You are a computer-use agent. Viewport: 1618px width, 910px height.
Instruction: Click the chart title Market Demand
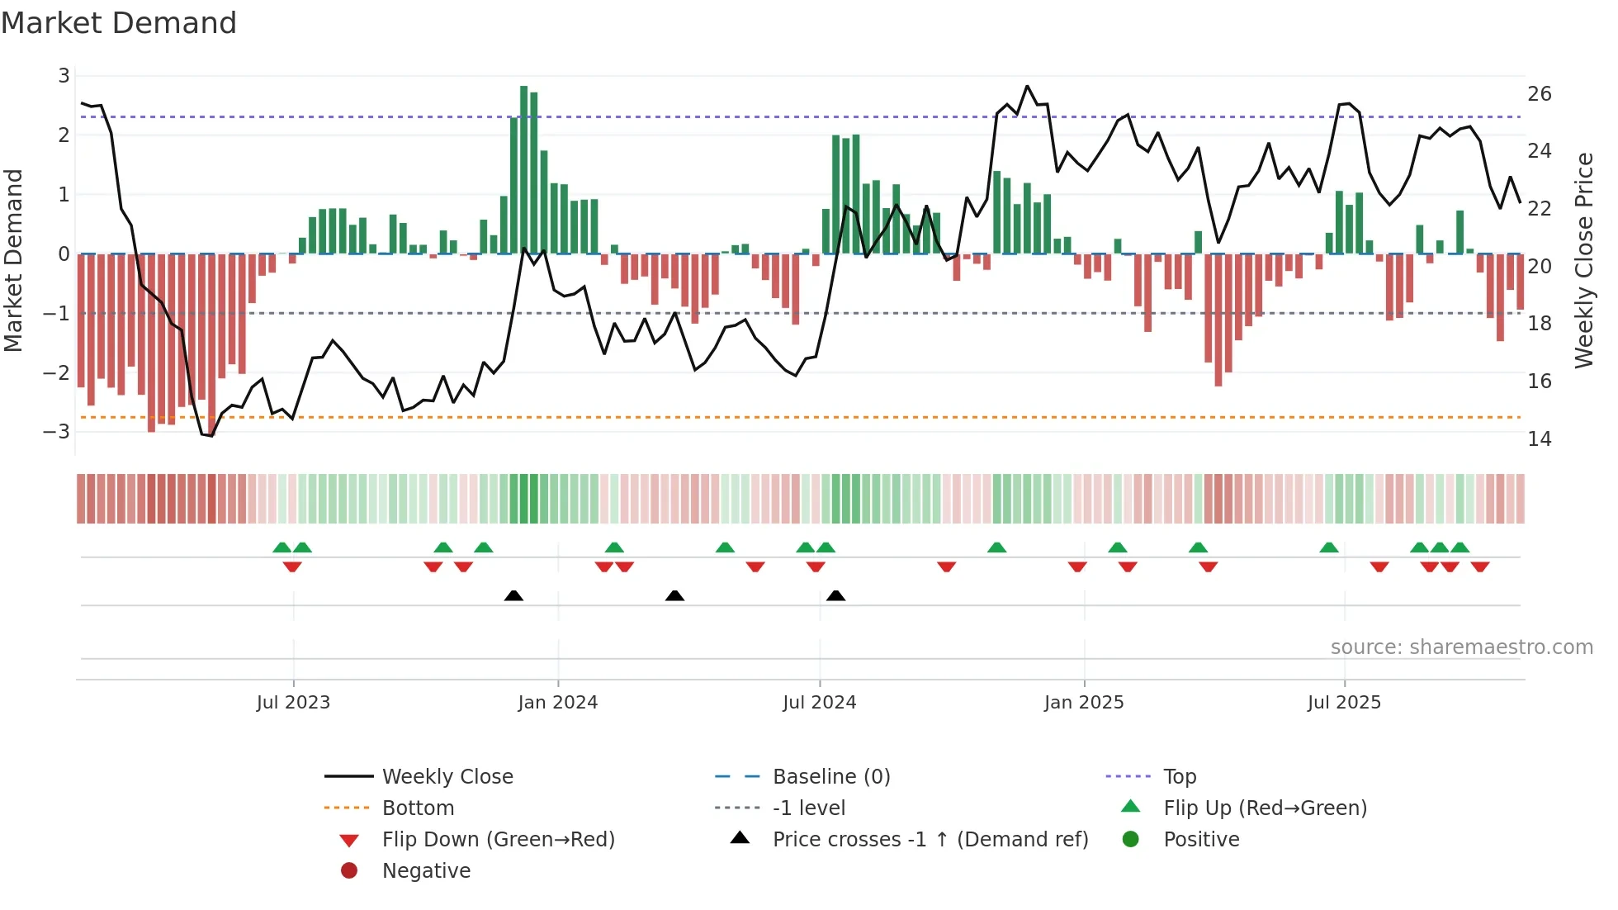119,23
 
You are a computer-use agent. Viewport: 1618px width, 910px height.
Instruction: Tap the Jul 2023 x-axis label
293,703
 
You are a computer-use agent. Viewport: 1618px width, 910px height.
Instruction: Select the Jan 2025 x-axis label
1083,703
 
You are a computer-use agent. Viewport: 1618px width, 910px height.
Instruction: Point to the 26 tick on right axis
1539,94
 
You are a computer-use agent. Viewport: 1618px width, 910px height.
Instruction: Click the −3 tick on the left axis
57,432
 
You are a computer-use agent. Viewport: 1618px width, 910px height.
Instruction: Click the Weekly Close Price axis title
1583,260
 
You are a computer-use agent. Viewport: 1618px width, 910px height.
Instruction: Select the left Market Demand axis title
13,260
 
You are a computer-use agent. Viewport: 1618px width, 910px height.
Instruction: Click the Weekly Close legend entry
447,777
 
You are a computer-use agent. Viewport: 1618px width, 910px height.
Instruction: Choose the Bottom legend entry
418,808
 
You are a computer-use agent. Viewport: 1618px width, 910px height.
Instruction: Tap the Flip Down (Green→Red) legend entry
498,840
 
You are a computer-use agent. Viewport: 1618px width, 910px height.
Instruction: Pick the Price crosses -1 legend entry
930,840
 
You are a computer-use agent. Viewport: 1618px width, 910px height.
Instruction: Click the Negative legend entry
426,871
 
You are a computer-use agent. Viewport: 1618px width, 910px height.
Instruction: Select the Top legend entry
1180,777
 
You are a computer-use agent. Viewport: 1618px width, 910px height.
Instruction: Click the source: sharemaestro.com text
1461,647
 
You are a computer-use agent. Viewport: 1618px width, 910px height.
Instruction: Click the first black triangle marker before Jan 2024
513,595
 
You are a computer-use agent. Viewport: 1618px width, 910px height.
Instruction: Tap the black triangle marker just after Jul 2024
835,595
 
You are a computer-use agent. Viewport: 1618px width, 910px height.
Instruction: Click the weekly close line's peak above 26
1027,86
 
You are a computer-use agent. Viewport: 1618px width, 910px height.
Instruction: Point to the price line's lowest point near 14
211,435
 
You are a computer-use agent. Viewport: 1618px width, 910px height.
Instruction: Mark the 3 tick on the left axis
64,76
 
